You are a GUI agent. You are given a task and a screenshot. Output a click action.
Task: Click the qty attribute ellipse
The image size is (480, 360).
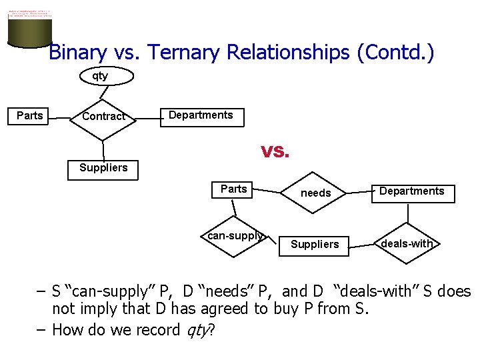coord(100,76)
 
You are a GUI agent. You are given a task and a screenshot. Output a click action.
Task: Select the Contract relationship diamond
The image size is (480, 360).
coord(103,117)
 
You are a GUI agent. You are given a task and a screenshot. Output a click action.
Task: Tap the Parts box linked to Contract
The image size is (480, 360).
coord(30,116)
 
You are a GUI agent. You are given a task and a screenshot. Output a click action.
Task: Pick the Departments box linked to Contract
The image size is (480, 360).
coord(201,116)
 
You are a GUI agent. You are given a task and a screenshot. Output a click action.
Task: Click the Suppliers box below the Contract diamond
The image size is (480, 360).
coord(103,168)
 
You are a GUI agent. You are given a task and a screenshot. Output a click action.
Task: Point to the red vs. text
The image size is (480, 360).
coord(275,152)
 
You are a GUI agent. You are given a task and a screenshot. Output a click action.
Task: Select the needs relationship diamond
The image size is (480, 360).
coord(315,193)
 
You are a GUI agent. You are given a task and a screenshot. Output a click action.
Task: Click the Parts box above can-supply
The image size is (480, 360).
coord(233,189)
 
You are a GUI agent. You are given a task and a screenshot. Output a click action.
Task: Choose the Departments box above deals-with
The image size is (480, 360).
coord(411,192)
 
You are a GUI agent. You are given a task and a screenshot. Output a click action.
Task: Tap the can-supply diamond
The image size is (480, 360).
coord(235,236)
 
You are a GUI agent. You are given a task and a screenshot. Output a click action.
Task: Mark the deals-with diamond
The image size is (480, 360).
coord(407,244)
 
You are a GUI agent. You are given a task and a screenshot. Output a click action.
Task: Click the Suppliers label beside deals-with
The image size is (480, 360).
coord(315,245)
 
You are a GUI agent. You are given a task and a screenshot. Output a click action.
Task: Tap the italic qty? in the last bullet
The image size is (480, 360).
coord(199,330)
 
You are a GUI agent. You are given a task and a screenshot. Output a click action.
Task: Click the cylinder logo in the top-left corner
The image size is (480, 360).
coord(29,28)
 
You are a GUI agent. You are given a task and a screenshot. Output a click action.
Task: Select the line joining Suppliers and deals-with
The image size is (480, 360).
coord(362,245)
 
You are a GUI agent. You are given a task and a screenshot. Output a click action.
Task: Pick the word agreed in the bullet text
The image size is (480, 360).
coord(240,309)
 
